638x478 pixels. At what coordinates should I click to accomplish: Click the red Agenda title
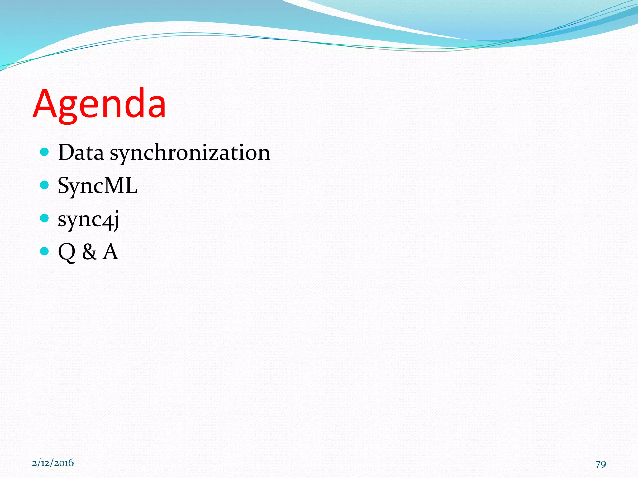(99, 104)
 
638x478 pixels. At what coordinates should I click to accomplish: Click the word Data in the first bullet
(81, 152)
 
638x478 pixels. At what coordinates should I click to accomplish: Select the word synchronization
(190, 153)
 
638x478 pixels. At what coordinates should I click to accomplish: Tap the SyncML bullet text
(98, 186)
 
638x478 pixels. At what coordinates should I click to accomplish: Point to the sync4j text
(88, 219)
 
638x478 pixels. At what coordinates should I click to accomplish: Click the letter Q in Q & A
(66, 252)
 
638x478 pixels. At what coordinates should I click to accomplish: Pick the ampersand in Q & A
(89, 252)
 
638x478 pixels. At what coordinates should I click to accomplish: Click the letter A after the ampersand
(110, 252)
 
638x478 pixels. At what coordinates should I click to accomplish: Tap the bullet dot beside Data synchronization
(45, 152)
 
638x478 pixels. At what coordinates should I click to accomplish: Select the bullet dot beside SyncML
(45, 185)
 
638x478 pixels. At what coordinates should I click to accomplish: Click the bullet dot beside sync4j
(45, 218)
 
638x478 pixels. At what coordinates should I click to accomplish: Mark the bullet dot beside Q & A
(45, 251)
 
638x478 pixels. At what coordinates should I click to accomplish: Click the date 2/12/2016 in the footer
(53, 463)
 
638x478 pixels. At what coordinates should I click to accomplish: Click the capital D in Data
(66, 152)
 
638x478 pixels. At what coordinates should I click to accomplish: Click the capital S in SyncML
(63, 186)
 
